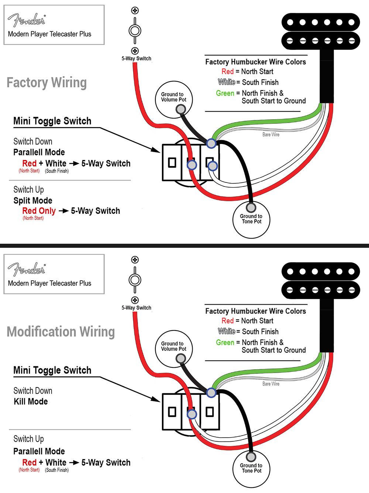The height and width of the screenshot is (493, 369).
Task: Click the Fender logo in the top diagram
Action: [x=27, y=20]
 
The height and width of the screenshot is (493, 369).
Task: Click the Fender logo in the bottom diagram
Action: [x=27, y=270]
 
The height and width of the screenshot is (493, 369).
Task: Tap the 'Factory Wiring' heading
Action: [x=46, y=83]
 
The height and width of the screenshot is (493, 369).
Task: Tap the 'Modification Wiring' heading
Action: [x=61, y=332]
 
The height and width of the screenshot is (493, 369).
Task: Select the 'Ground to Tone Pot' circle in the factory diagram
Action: [x=251, y=219]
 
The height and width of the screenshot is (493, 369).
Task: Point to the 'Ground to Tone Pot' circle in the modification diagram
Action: [x=251, y=468]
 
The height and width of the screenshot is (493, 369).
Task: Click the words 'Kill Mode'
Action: [x=31, y=401]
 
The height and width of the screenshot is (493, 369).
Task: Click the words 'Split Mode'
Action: [x=33, y=201]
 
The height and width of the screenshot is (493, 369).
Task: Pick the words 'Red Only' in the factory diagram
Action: [x=39, y=211]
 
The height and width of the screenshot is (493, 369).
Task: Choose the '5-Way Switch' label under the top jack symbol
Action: [x=136, y=58]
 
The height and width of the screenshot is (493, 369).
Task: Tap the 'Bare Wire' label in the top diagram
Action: [x=270, y=135]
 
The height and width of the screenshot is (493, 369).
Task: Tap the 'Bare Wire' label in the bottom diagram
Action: [x=270, y=384]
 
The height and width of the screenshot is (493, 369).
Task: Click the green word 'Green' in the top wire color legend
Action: [x=225, y=93]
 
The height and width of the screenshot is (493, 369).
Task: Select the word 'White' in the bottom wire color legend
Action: [x=226, y=331]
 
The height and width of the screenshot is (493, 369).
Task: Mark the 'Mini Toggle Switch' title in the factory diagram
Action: [x=52, y=121]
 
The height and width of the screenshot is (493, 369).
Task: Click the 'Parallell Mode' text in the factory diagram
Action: [x=39, y=152]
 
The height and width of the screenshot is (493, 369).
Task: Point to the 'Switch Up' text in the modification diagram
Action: [x=28, y=439]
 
